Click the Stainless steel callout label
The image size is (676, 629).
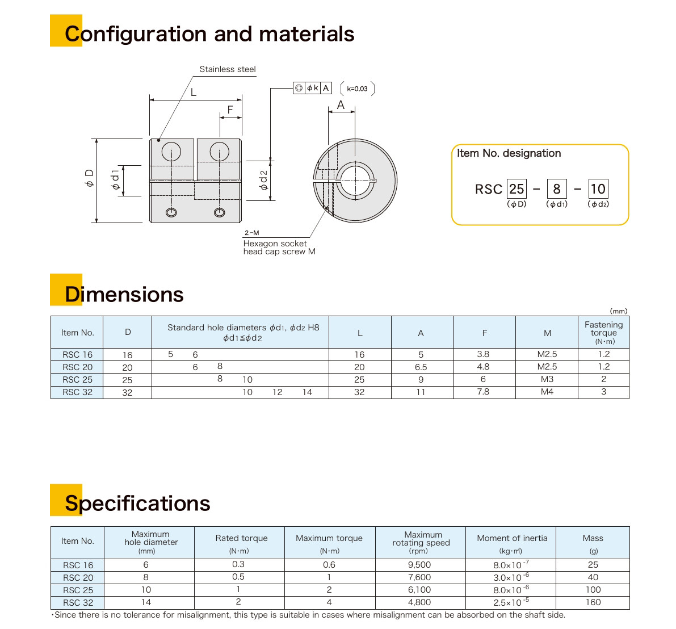tap(227, 69)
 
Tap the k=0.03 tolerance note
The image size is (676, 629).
tap(357, 89)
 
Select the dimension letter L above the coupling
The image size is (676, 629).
tap(194, 92)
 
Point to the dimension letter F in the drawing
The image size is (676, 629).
tap(230, 110)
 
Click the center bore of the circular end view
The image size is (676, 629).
tap(355, 180)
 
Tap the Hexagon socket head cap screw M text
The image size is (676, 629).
tap(279, 248)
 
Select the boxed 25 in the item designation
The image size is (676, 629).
tap(517, 189)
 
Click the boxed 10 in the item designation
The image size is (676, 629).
tap(598, 189)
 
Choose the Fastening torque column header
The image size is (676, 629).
tap(603, 333)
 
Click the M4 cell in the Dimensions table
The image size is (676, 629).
tap(547, 392)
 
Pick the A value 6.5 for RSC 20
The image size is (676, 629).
tap(421, 367)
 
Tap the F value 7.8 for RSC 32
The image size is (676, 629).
tap(483, 392)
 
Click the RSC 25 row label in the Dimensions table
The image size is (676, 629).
tap(77, 380)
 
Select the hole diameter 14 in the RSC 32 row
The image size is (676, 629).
tap(307, 392)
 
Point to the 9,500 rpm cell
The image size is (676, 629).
tap(419, 565)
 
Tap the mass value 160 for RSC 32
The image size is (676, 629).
tap(593, 602)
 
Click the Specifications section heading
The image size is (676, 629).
tap(137, 504)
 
